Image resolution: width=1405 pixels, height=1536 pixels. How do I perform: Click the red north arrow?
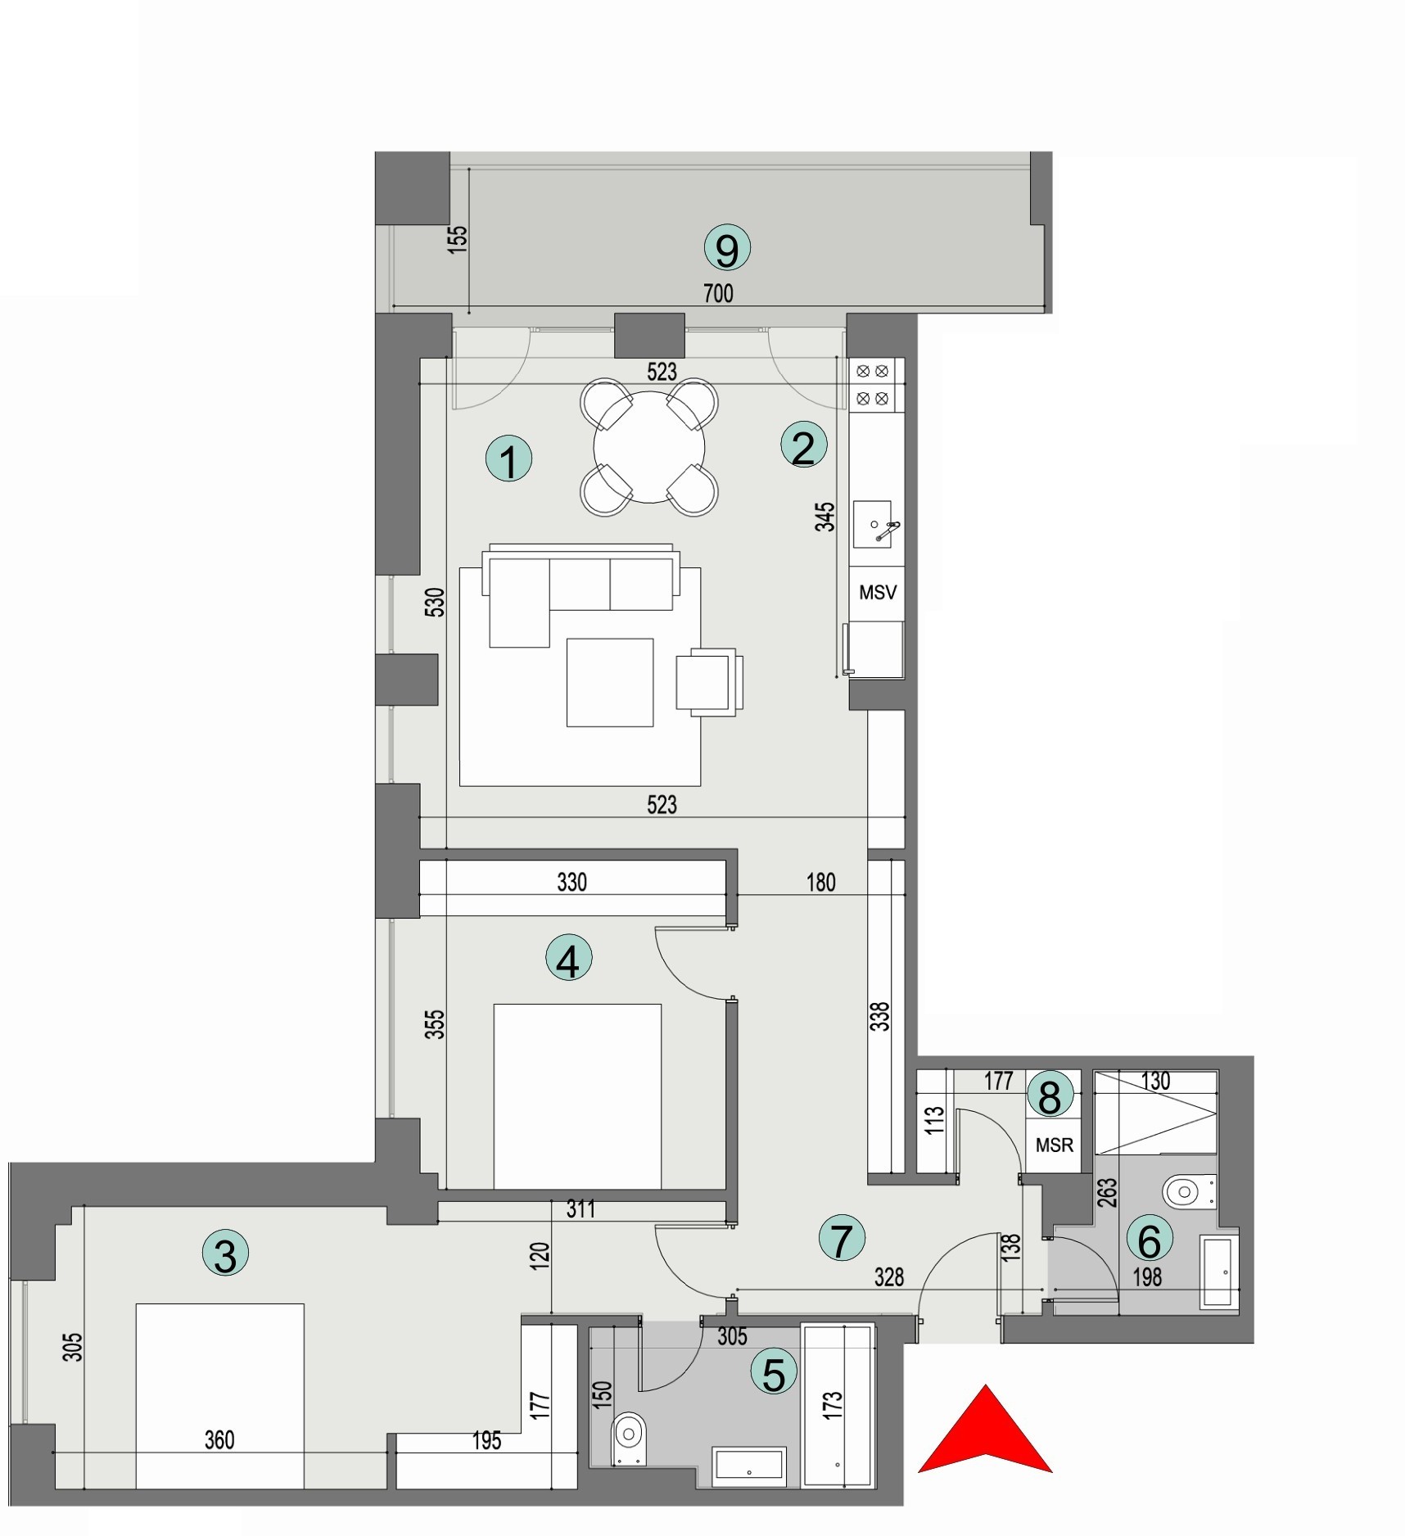[x=985, y=1432]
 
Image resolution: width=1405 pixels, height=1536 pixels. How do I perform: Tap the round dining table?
[x=648, y=447]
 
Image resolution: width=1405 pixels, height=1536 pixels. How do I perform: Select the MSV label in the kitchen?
[x=877, y=592]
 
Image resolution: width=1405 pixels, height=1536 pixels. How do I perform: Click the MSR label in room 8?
[x=1054, y=1145]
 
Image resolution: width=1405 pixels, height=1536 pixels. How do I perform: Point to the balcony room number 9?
[x=727, y=249]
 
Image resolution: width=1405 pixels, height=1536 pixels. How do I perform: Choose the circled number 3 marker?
[x=225, y=1254]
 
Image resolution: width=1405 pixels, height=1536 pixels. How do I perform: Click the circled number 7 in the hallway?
[x=842, y=1239]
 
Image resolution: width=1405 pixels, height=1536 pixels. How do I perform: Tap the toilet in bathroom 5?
[x=629, y=1434]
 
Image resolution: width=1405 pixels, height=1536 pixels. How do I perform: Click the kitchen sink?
[x=873, y=524]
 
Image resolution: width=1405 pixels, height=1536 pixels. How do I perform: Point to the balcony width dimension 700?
[x=718, y=293]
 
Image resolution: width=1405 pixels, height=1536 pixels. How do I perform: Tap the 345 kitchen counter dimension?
[x=825, y=517]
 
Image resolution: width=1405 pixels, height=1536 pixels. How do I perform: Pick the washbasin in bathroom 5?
[x=750, y=1466]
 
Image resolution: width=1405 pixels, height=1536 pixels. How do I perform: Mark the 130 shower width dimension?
[x=1155, y=1081]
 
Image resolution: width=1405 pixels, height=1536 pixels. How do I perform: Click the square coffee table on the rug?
[x=610, y=682]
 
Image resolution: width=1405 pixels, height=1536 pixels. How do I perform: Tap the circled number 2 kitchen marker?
[x=803, y=447]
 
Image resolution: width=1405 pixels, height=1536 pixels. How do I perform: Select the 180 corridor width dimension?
[x=820, y=882]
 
